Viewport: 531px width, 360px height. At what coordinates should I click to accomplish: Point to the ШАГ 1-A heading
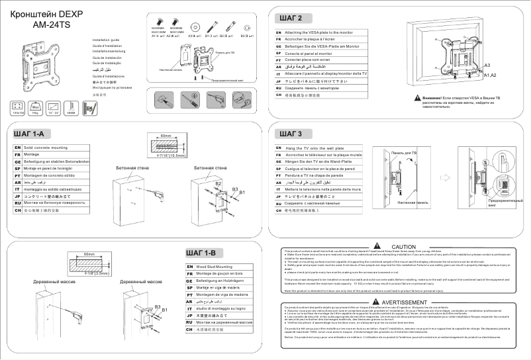28,134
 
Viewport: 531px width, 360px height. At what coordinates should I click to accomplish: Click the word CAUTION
403,246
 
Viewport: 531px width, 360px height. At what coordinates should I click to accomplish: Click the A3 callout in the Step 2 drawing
487,66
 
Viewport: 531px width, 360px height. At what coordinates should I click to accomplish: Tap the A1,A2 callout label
489,75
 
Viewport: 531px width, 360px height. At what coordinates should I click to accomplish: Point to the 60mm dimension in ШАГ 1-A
166,136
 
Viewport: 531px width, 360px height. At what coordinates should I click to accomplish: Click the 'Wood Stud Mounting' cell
215,266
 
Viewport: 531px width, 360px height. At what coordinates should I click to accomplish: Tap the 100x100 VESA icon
18,107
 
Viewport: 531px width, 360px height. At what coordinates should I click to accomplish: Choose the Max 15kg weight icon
37,107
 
